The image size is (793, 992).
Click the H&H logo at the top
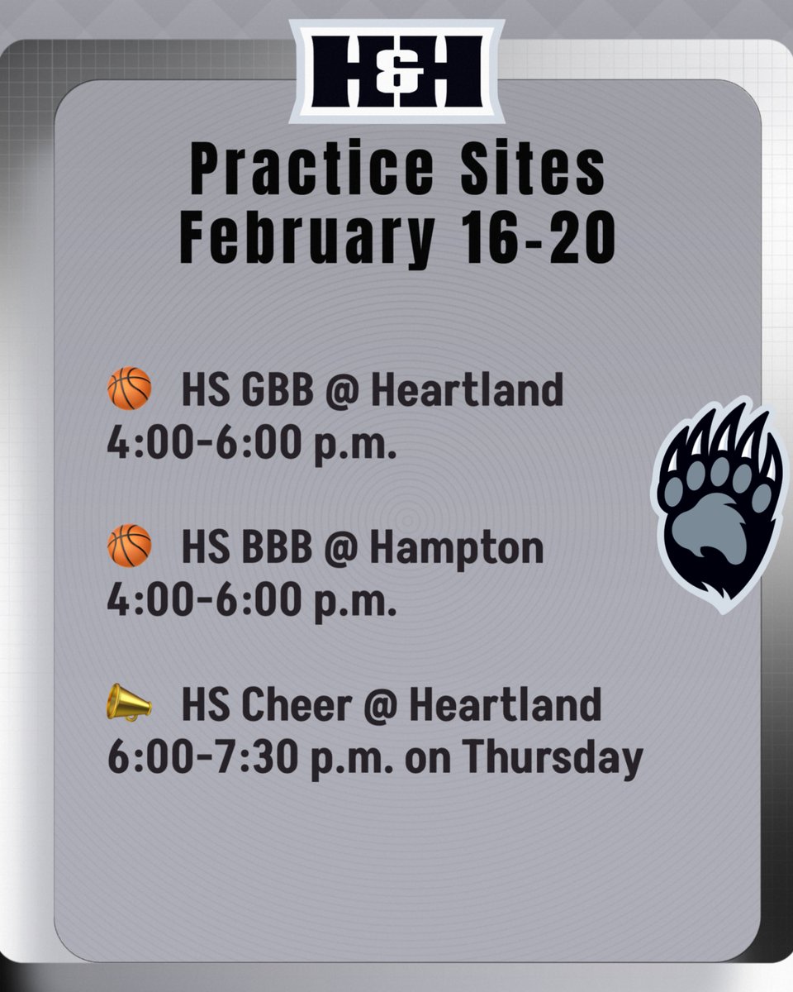396,71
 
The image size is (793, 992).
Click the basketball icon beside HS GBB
130,389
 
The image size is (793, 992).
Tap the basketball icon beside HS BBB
130,546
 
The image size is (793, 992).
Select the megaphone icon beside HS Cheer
130,703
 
